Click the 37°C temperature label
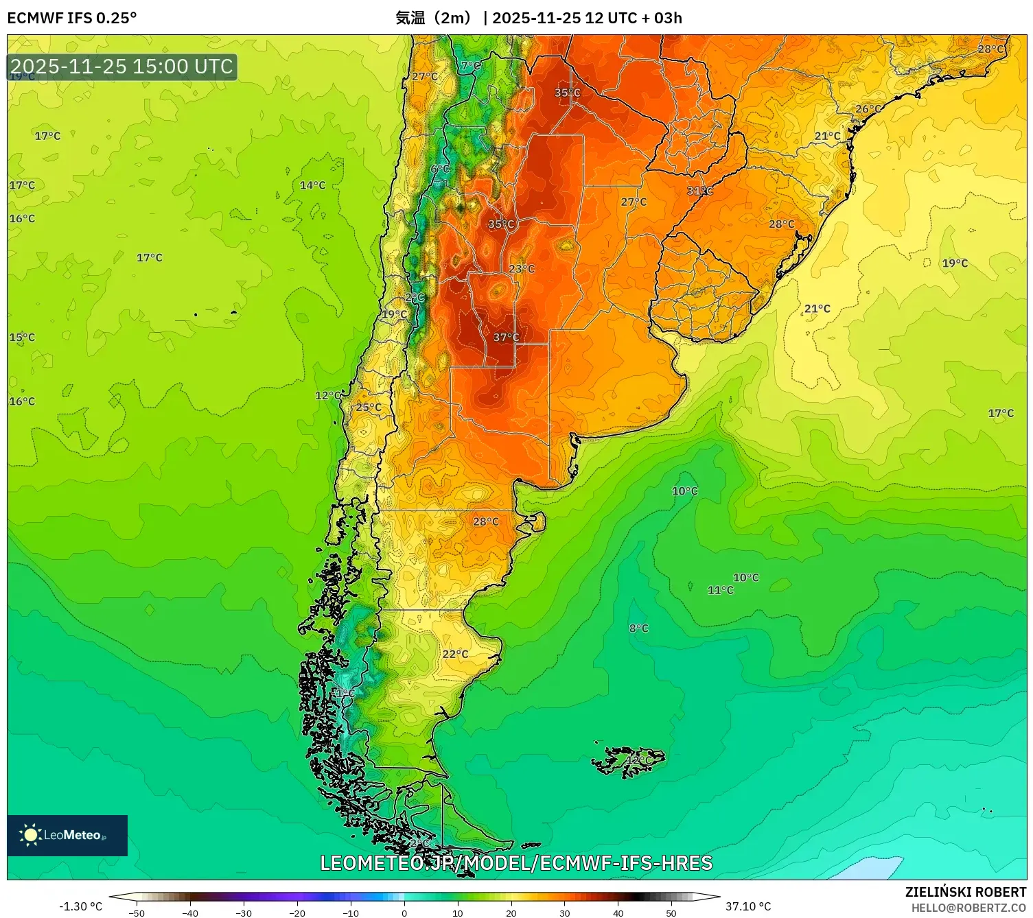click(x=506, y=338)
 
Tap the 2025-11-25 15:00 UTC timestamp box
click(x=122, y=67)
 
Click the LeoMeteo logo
click(x=67, y=835)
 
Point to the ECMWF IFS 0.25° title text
click(x=72, y=18)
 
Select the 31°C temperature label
click(x=699, y=191)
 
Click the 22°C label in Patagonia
click(x=455, y=654)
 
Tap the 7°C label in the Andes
click(x=471, y=66)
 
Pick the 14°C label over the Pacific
click(x=312, y=185)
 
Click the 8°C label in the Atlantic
click(x=638, y=628)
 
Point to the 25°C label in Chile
click(x=369, y=407)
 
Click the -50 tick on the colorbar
click(x=137, y=913)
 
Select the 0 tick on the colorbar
click(x=404, y=913)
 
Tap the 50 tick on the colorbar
click(x=671, y=913)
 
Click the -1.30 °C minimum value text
click(x=80, y=906)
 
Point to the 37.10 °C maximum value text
click(x=748, y=906)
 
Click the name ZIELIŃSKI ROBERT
click(x=965, y=892)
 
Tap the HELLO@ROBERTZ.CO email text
click(x=968, y=908)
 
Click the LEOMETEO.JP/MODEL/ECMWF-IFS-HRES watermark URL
click(x=516, y=863)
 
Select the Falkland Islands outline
click(x=628, y=762)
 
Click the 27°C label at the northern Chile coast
click(x=424, y=76)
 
